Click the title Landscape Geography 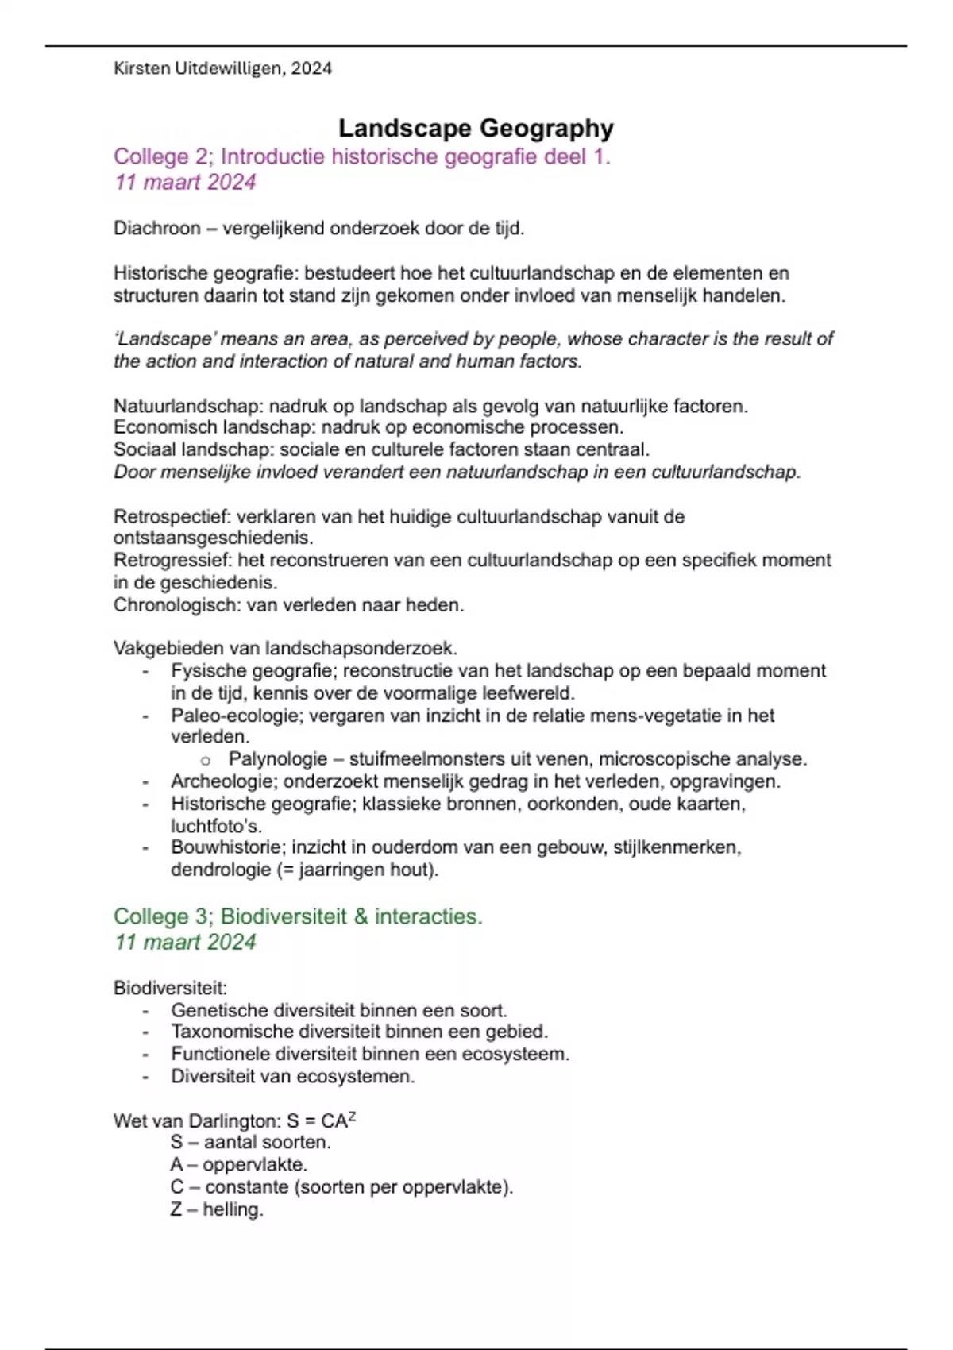(x=476, y=129)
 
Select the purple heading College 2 (x=160, y=156)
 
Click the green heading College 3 (x=160, y=916)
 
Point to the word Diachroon (x=157, y=229)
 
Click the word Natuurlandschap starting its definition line (x=187, y=406)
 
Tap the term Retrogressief (x=172, y=561)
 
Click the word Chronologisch (x=176, y=605)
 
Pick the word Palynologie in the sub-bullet (x=278, y=759)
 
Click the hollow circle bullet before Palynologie (x=206, y=761)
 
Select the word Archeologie (x=222, y=781)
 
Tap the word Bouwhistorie (x=225, y=847)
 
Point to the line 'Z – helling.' (x=216, y=1209)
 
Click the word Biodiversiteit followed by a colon (x=170, y=989)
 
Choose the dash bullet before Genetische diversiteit (x=146, y=1012)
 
